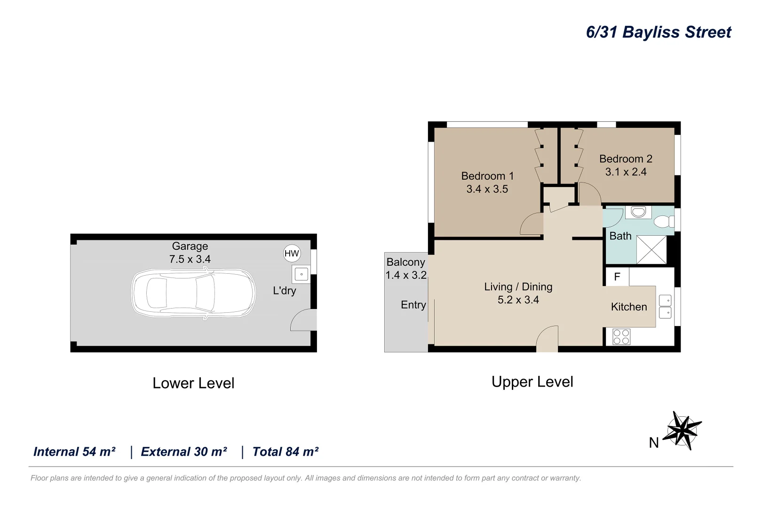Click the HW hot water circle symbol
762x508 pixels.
292,253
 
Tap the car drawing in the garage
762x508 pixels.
193,293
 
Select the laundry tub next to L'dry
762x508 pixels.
301,274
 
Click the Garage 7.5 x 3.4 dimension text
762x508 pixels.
190,259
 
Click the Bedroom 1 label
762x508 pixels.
487,176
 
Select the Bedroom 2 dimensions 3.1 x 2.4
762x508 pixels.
626,172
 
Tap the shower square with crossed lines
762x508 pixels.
651,250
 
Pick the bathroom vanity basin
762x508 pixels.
638,212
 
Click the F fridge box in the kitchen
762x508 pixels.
617,277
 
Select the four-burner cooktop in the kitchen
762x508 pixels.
621,337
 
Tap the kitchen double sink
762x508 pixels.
665,307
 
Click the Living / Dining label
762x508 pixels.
518,287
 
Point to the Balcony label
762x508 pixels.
405,262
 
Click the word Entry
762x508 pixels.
413,305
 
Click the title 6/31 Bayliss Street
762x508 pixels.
658,32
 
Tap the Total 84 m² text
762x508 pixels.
285,452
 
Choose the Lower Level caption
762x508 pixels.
193,383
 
